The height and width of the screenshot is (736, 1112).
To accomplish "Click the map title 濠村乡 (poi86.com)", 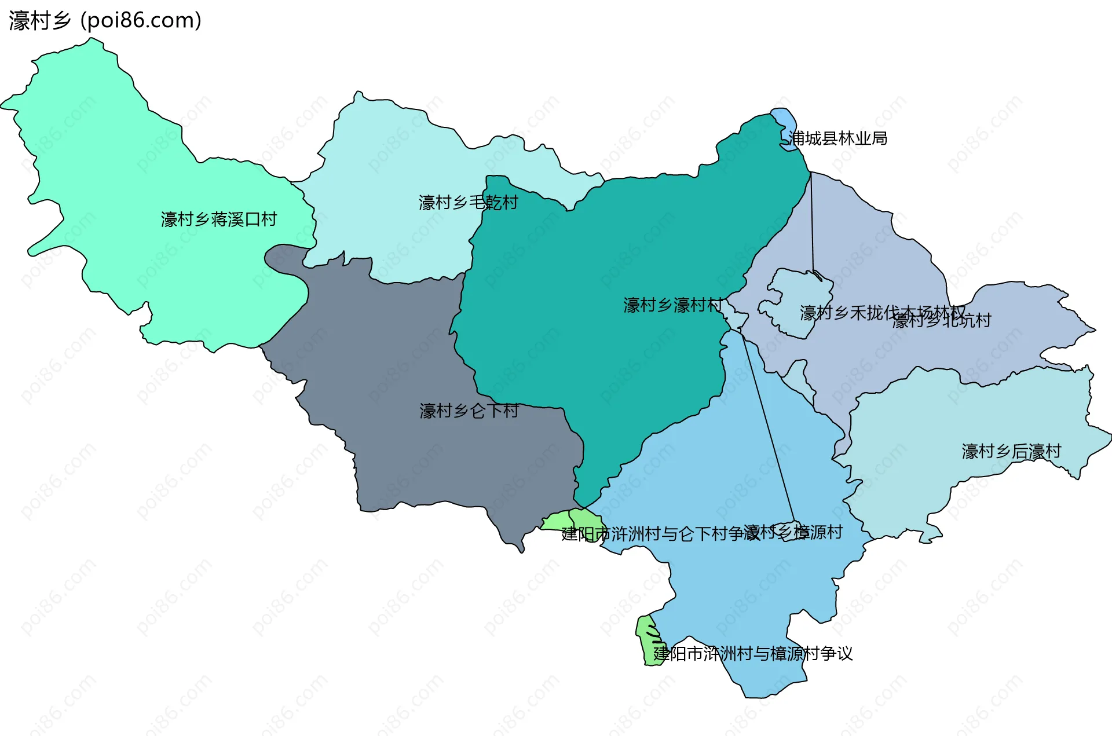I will (105, 21).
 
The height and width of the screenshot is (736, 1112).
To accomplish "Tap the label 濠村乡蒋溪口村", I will (219, 219).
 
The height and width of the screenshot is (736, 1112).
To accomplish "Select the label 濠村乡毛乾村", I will (468, 203).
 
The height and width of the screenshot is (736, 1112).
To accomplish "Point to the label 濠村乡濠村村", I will (672, 305).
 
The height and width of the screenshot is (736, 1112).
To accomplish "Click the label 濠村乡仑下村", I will (469, 411).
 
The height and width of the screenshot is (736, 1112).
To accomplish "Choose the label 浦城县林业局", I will (837, 138).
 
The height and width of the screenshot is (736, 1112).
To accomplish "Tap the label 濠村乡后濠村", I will (1011, 451).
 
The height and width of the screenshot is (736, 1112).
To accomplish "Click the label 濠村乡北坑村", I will (942, 321).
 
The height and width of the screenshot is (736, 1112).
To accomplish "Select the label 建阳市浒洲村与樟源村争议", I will (753, 654).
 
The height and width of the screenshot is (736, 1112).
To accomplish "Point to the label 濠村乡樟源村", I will (793, 532).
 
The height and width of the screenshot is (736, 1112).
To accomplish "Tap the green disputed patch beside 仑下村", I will (570, 520).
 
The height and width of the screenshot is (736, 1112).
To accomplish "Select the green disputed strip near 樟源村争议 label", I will (647, 640).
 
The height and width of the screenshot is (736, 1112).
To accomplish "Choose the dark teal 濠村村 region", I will (608, 261).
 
